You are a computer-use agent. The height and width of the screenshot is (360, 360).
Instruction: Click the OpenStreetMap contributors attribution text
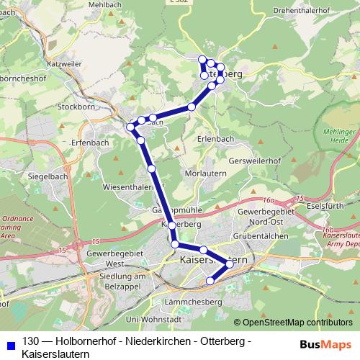(x=297, y=323)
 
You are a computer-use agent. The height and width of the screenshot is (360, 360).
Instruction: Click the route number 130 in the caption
(x=31, y=341)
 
